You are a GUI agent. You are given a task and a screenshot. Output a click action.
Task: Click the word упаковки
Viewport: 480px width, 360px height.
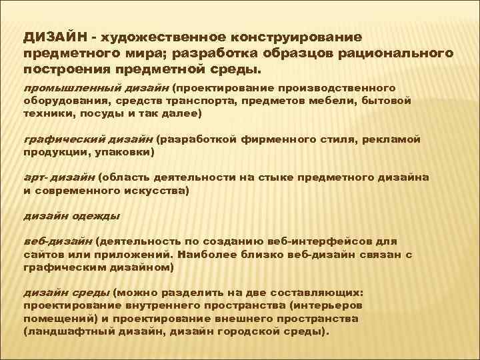pyautogui.click(x=126, y=152)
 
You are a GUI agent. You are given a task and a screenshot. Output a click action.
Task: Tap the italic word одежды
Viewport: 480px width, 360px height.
pyautogui.click(x=98, y=217)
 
